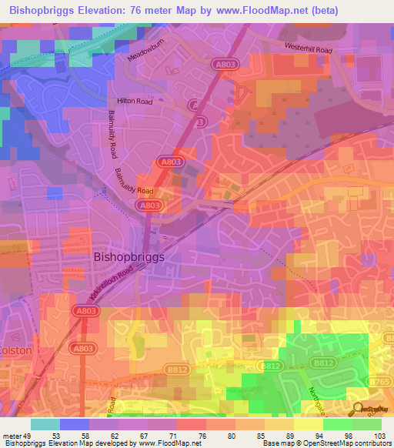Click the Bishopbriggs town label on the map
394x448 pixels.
(x=129, y=259)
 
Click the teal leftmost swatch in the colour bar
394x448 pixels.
(x=45, y=424)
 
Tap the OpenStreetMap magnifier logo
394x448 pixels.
(x=358, y=410)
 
